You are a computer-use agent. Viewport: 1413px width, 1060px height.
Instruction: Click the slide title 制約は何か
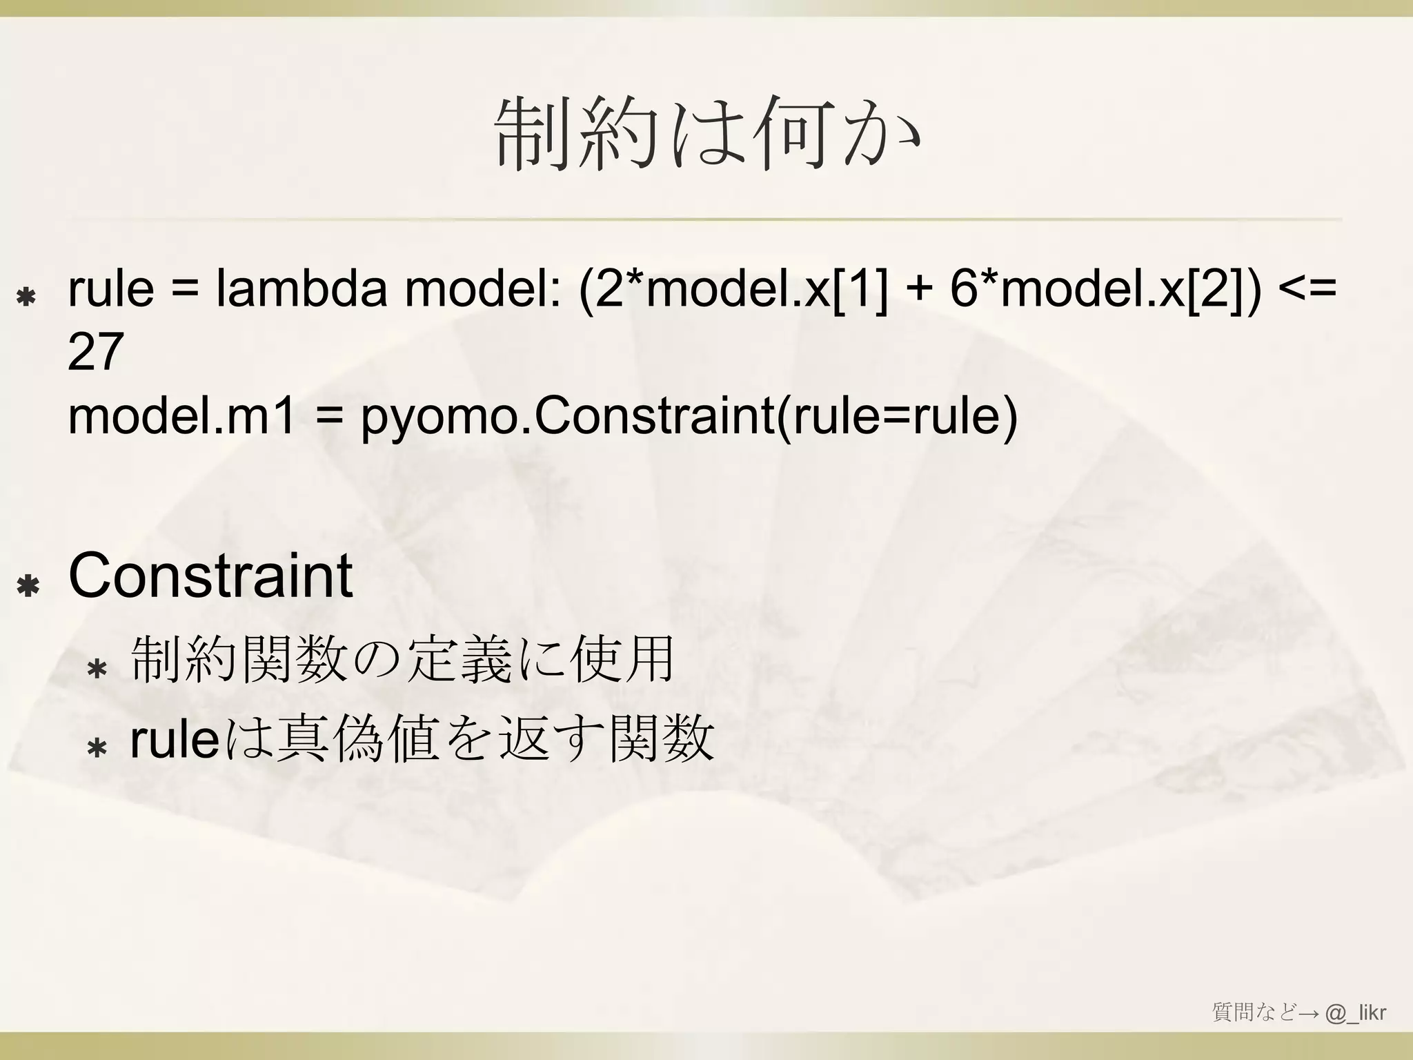pyautogui.click(x=706, y=134)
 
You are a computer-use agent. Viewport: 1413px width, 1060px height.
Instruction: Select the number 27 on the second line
pyautogui.click(x=95, y=351)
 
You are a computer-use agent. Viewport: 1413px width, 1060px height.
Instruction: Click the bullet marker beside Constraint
pyautogui.click(x=28, y=587)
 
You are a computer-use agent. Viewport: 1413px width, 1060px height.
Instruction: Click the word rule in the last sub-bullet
pyautogui.click(x=175, y=740)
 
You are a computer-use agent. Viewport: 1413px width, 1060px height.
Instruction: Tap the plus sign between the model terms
pyautogui.click(x=918, y=290)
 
